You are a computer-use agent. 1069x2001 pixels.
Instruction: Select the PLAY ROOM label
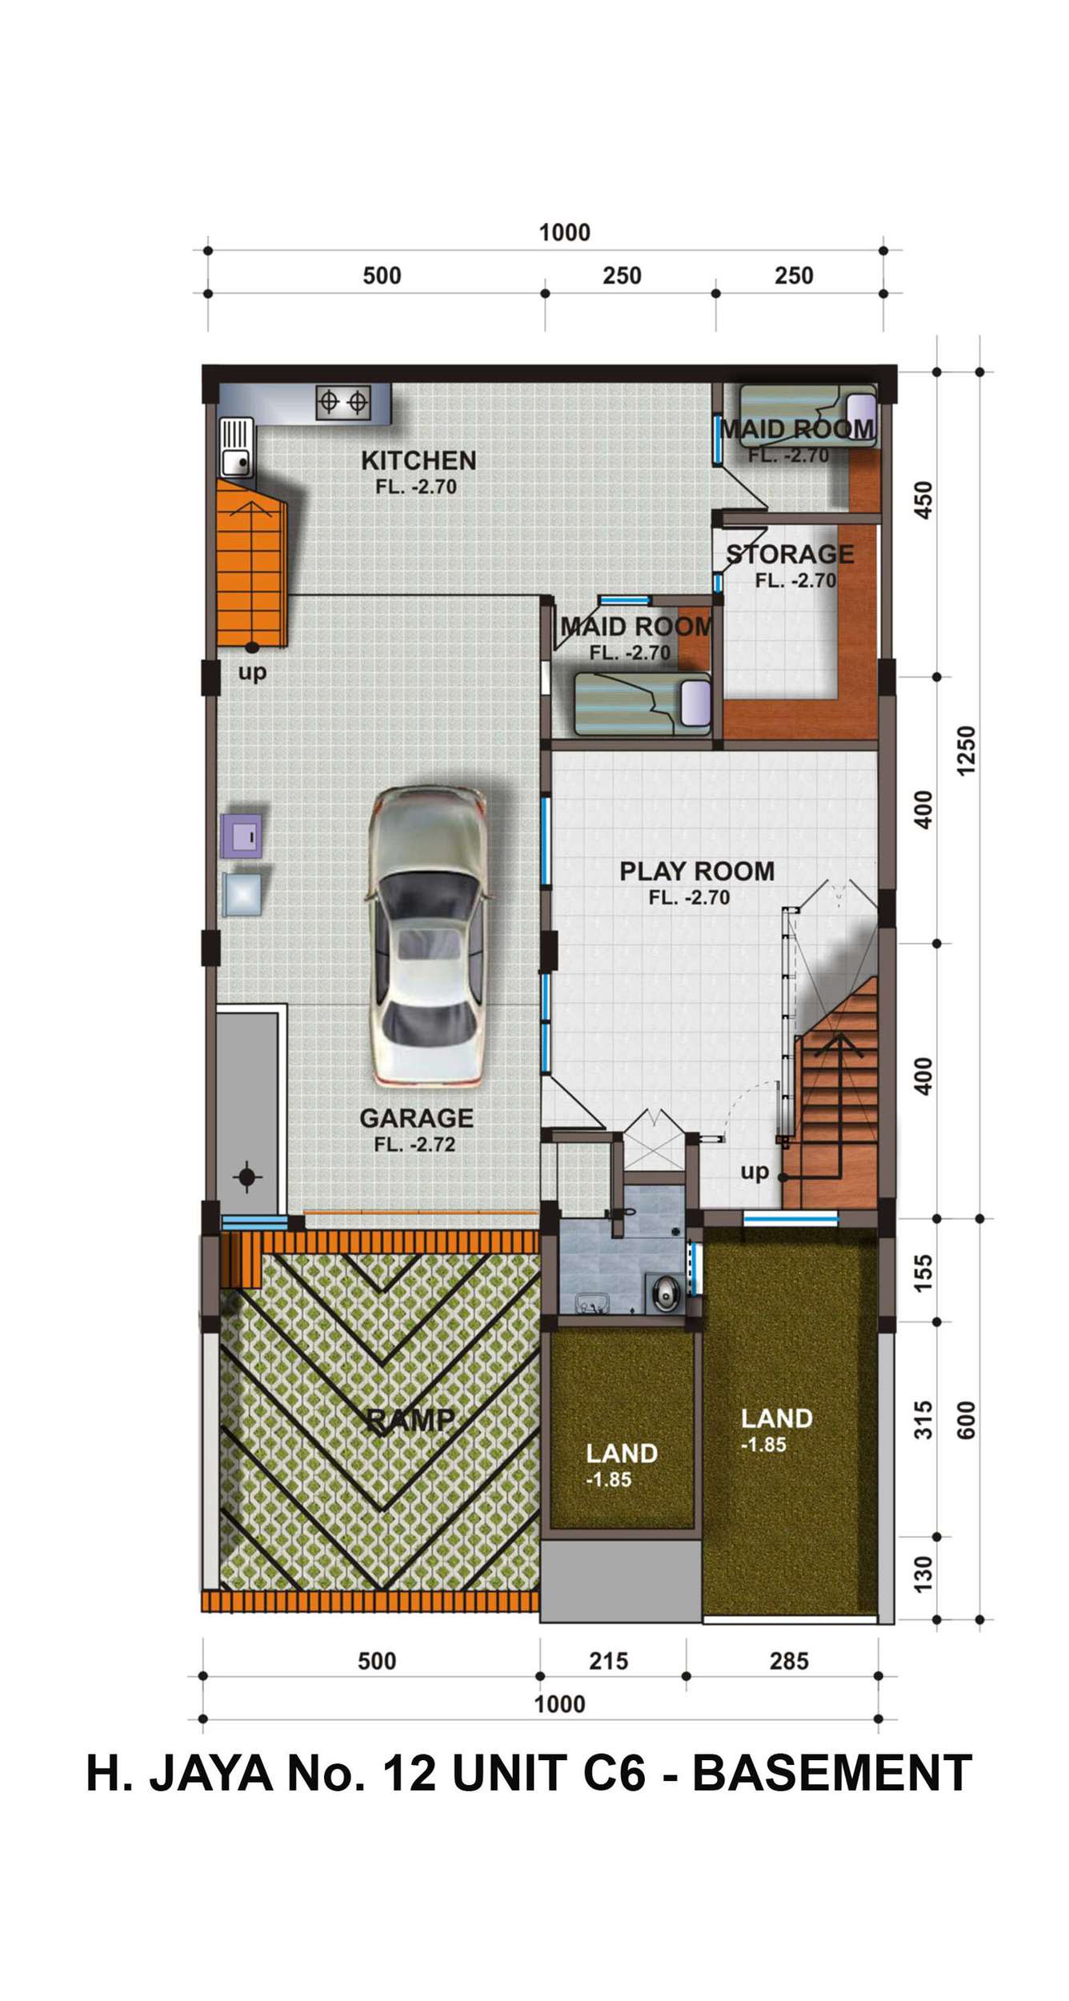pos(697,871)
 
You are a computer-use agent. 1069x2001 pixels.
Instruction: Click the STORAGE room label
pos(790,554)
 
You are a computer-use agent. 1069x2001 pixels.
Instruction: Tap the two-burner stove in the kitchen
pos(343,401)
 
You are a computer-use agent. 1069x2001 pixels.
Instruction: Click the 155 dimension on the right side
pos(923,1273)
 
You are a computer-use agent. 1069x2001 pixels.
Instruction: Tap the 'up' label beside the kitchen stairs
pos(252,672)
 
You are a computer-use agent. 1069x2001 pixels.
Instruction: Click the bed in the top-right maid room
pos(807,415)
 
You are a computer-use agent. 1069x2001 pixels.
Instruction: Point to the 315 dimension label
pos(923,1419)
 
